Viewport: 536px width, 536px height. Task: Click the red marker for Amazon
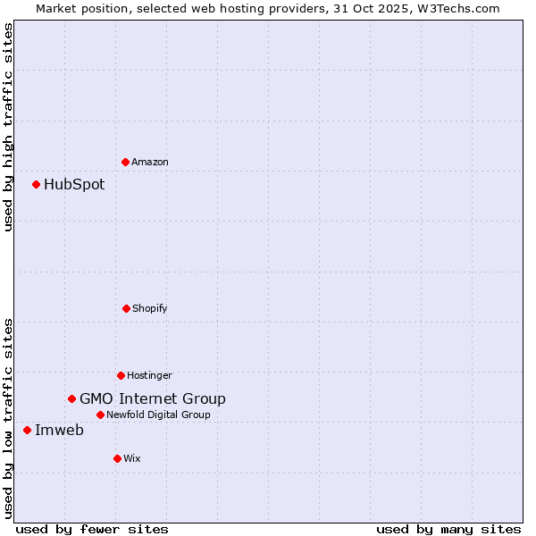click(125, 162)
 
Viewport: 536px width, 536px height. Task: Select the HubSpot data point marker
click(36, 185)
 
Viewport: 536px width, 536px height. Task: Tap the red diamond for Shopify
click(126, 308)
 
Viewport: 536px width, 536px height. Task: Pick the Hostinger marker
click(121, 375)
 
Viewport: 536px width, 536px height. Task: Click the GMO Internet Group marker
click(71, 398)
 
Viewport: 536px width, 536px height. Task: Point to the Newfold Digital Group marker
click(100, 415)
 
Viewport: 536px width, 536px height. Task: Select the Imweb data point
click(27, 430)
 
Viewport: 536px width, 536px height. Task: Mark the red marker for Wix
click(117, 458)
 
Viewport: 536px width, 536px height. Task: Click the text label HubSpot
click(74, 185)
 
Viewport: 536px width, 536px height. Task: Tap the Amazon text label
click(150, 163)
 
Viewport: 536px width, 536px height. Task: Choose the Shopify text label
click(150, 309)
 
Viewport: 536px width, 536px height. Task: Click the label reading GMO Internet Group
click(153, 399)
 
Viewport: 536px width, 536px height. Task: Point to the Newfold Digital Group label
click(159, 415)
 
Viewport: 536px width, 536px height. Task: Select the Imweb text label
click(59, 431)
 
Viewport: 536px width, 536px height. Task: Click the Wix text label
click(132, 459)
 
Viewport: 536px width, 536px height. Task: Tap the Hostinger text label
click(149, 376)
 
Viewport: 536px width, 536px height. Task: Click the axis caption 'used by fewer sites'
click(92, 529)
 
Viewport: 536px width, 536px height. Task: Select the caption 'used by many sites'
click(448, 529)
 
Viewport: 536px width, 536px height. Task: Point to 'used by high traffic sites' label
click(8, 127)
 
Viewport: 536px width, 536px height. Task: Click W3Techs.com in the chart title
click(456, 8)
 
